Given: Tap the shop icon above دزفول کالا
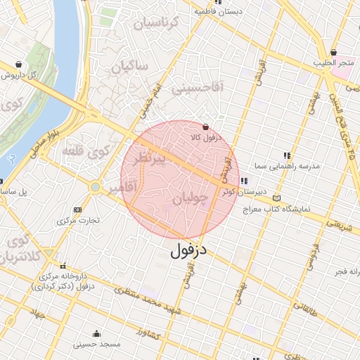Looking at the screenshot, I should (205, 127).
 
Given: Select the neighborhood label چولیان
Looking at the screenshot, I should (191, 200).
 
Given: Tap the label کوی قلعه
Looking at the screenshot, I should (85, 150).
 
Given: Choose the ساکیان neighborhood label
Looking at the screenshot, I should (129, 67).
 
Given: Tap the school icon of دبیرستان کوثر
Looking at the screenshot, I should (243, 181).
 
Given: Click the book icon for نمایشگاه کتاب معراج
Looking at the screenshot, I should (276, 199).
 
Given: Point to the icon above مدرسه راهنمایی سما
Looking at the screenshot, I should (286, 155).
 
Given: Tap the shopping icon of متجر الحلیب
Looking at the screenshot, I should (333, 53).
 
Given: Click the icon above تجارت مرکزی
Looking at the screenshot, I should (77, 210).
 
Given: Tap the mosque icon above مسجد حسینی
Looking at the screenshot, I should (96, 333).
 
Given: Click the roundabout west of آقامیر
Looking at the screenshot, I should (95, 187).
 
